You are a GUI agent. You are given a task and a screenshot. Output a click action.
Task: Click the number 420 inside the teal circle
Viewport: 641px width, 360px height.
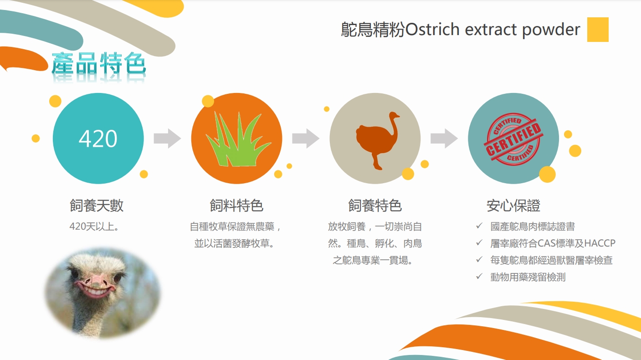[98, 139]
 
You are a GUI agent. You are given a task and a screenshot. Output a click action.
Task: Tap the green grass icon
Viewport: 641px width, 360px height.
[238, 139]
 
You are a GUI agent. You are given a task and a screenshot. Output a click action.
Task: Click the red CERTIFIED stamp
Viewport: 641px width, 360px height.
[513, 139]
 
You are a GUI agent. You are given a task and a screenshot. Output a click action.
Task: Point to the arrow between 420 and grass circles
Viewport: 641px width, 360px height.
[167, 139]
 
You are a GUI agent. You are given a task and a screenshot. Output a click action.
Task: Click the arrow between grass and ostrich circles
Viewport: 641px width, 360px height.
[306, 139]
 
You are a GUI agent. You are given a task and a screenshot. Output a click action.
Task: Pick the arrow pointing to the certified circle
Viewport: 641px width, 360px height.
[444, 139]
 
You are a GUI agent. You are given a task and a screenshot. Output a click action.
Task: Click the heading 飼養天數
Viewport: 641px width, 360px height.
[97, 206]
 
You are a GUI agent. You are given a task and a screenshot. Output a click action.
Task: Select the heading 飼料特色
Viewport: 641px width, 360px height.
[236, 206]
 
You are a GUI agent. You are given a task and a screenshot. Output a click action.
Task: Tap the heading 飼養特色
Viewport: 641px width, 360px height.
[375, 206]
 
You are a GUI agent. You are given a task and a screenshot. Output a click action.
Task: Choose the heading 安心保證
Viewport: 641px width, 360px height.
[513, 206]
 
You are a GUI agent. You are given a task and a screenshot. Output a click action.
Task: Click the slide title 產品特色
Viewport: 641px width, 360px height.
[99, 63]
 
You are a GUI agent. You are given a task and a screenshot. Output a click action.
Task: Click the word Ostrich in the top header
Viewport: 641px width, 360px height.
[432, 30]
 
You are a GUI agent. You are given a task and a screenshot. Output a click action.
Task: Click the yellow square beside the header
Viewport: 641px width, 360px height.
[598, 30]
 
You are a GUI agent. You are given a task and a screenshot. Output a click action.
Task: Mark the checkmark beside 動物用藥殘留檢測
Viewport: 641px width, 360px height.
[479, 277]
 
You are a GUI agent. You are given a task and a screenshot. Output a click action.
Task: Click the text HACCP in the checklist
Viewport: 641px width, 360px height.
[600, 243]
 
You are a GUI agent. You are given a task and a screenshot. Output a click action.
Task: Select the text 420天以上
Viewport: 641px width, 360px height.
[92, 226]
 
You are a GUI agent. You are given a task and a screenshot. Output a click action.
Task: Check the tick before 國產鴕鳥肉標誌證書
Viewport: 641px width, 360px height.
[479, 226]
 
